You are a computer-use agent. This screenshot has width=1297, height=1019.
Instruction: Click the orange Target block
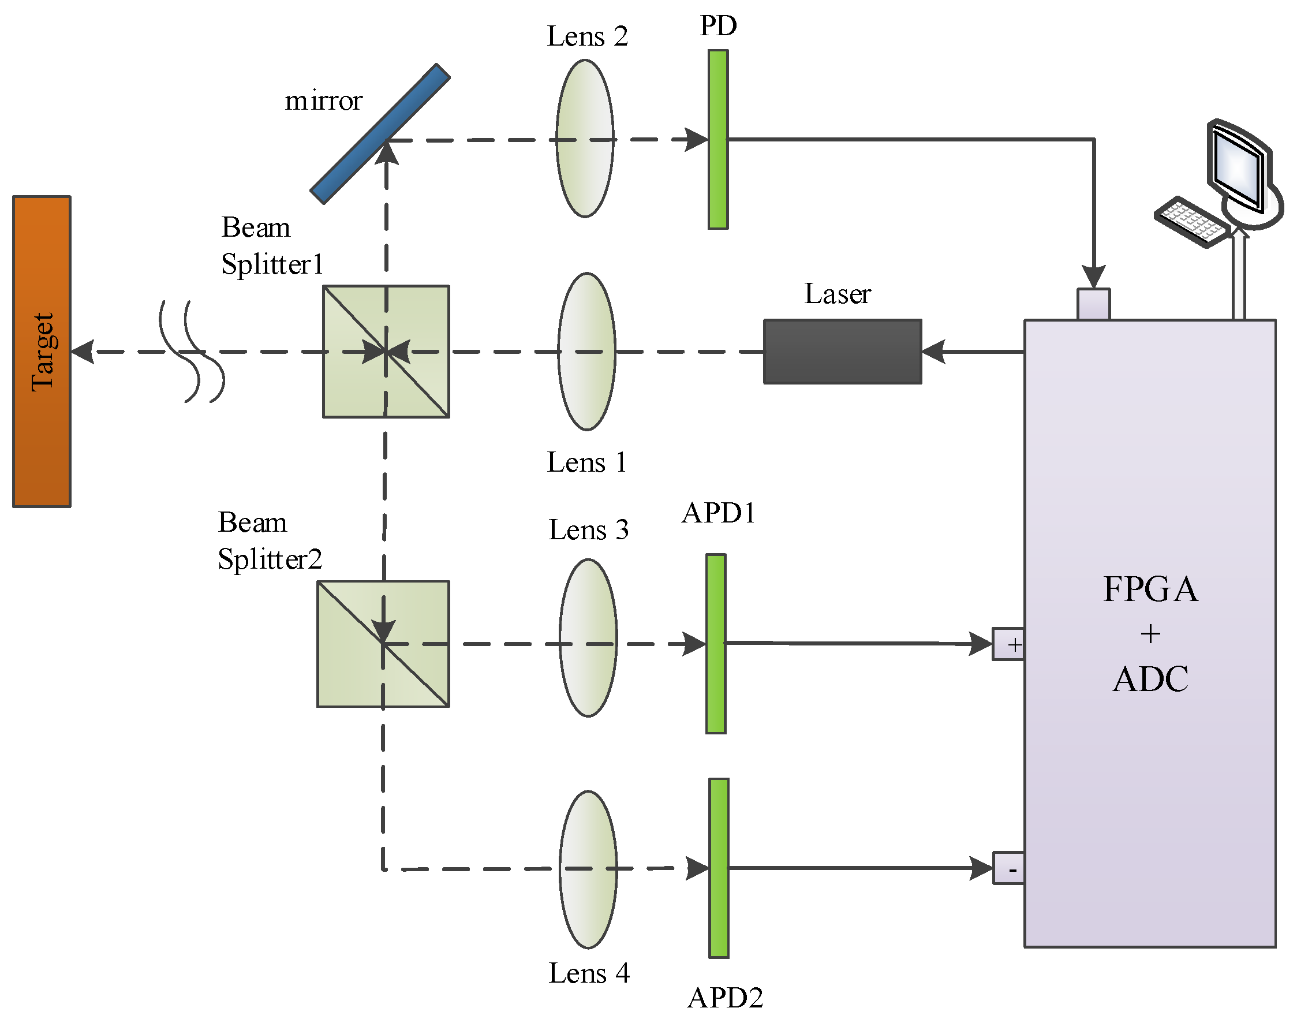(42, 352)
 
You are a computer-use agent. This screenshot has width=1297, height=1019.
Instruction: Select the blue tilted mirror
(380, 135)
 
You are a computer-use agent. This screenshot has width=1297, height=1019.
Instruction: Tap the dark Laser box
(843, 352)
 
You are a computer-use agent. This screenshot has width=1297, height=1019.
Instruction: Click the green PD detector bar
(718, 140)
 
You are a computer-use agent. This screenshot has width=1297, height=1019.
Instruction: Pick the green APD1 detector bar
(716, 644)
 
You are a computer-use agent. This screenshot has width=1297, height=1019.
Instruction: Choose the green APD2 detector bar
(719, 868)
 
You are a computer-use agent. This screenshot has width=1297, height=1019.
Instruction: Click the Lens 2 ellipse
(585, 139)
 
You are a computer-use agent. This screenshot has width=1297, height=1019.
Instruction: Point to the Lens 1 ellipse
(587, 352)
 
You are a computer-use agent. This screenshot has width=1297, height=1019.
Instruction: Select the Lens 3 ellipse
(588, 638)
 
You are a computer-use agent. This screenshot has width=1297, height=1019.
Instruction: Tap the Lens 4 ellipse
(588, 869)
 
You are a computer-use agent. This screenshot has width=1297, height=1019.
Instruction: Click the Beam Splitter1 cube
(386, 352)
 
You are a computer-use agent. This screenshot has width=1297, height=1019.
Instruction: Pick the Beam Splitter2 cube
(383, 644)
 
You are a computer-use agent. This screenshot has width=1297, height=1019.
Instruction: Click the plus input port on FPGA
(1008, 644)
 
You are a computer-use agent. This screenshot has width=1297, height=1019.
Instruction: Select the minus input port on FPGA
(1008, 869)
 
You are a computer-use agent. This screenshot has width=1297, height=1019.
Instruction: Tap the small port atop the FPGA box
(1093, 304)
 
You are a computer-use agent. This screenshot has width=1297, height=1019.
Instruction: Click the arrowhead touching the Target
(84, 352)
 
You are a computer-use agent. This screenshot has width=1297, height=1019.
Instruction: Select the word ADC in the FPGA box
(1150, 679)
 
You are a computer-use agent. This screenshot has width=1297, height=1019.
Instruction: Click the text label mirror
(323, 101)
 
